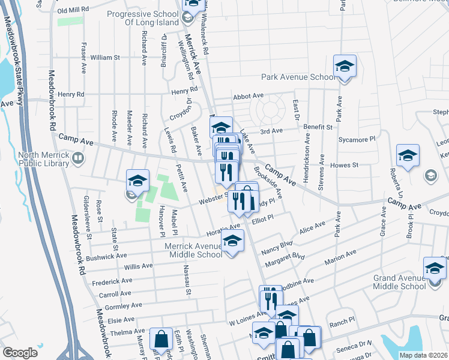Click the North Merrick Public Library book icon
pyautogui.click(x=77, y=158)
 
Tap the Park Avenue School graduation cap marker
pyautogui.click(x=345, y=65)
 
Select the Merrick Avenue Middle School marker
pyautogui.click(x=232, y=241)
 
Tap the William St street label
pyautogui.click(x=105, y=58)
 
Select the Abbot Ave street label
pyautogui.click(x=249, y=95)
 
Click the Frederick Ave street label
pyautogui.click(x=112, y=281)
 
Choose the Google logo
pyautogui.click(x=20, y=352)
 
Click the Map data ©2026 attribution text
pyautogui.click(x=423, y=355)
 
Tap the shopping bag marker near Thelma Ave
pyautogui.click(x=161, y=339)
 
